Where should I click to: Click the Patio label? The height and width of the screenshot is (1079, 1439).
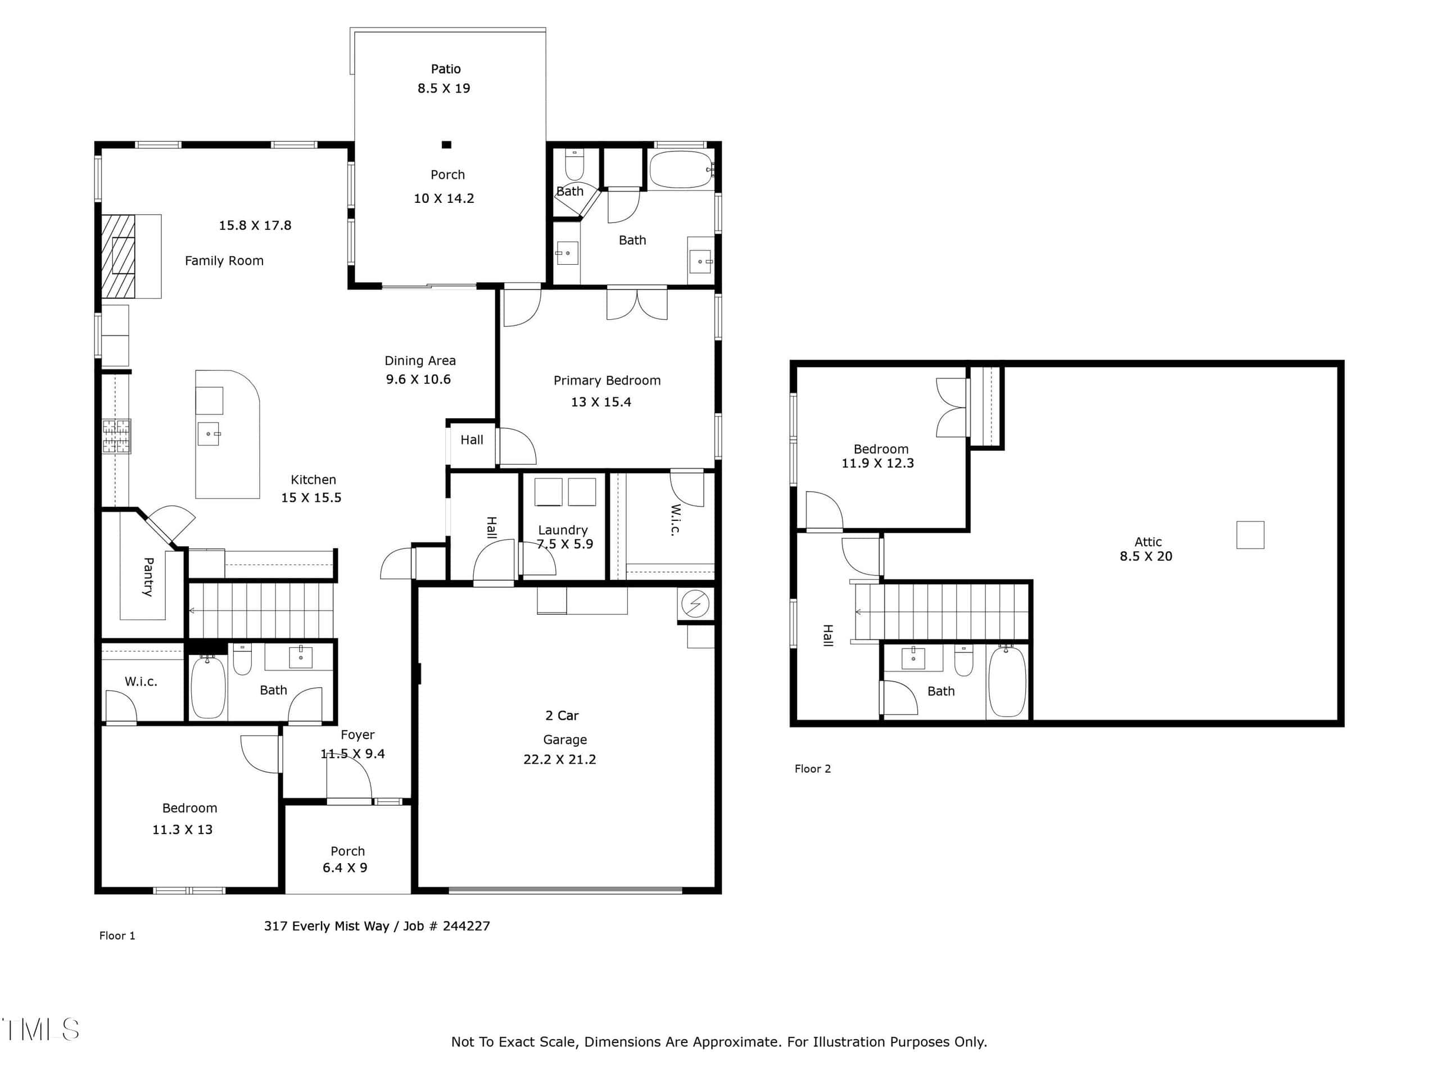(446, 69)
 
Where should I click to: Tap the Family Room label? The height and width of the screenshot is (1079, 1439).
(224, 261)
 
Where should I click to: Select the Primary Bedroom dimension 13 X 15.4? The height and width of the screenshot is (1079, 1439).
(601, 402)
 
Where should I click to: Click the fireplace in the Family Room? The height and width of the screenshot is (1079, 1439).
(119, 256)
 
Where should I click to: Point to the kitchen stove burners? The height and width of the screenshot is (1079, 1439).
(116, 436)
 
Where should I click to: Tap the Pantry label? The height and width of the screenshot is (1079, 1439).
(148, 577)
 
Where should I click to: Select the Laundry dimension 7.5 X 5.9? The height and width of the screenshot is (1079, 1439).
(565, 545)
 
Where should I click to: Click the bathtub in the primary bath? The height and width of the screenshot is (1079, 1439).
(681, 170)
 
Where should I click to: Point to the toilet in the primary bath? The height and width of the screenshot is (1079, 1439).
(574, 164)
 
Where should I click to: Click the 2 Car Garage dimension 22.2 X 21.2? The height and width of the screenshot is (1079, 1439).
(559, 759)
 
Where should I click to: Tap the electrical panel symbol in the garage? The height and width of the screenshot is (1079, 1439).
(695, 604)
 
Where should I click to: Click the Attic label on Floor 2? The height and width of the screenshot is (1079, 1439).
(1148, 542)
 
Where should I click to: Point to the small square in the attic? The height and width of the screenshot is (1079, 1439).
(1250, 534)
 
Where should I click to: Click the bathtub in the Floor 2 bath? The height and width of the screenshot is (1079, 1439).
(1007, 682)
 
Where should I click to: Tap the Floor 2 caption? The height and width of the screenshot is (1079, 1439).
(812, 769)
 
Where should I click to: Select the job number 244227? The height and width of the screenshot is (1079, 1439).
(467, 926)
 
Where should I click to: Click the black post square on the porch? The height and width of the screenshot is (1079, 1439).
(446, 145)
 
